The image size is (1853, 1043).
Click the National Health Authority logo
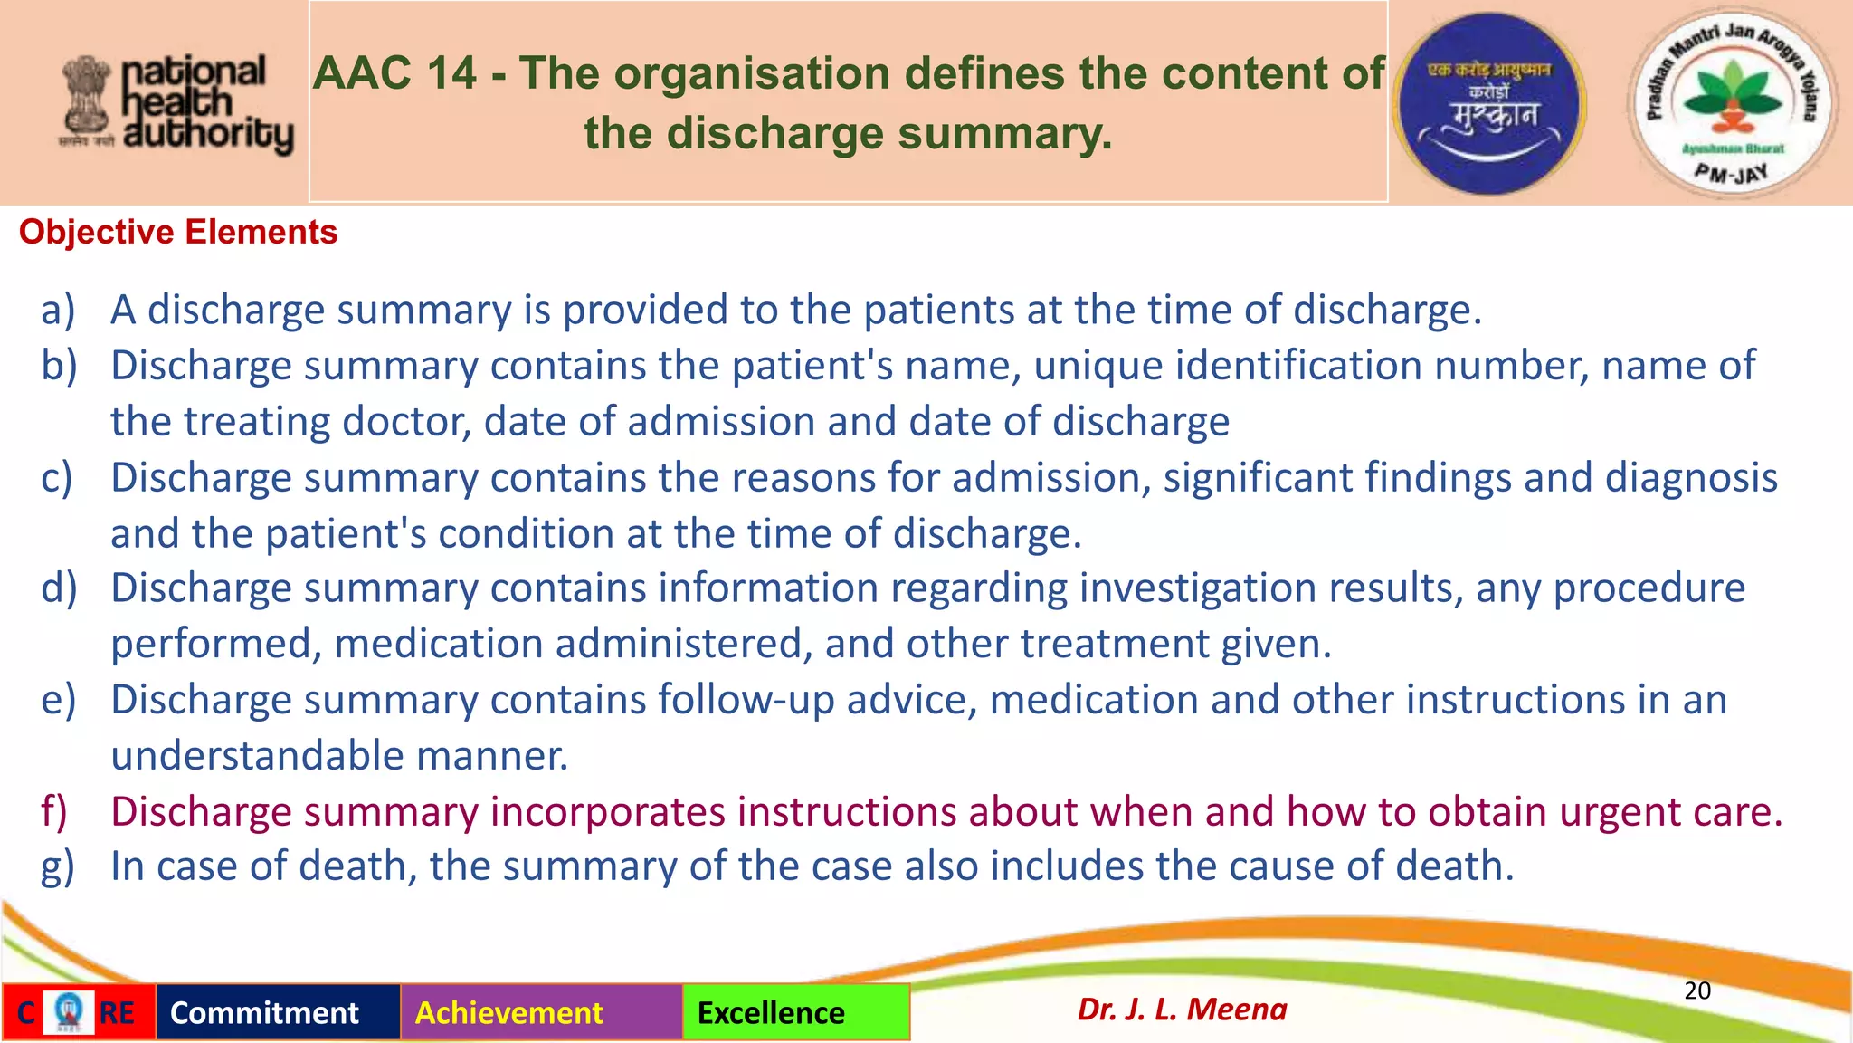tap(176, 104)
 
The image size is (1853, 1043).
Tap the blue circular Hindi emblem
tap(1490, 104)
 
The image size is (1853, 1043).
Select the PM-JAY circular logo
tap(1732, 102)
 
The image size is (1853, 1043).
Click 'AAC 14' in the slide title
tap(394, 73)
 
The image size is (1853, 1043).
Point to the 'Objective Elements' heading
tap(178, 233)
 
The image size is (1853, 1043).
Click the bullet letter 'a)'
tap(58, 311)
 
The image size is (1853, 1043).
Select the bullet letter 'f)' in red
tap(54, 812)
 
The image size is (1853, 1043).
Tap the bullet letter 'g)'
tap(58, 867)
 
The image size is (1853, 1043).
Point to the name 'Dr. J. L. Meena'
tap(1182, 1009)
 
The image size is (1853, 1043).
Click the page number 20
tap(1696, 990)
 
